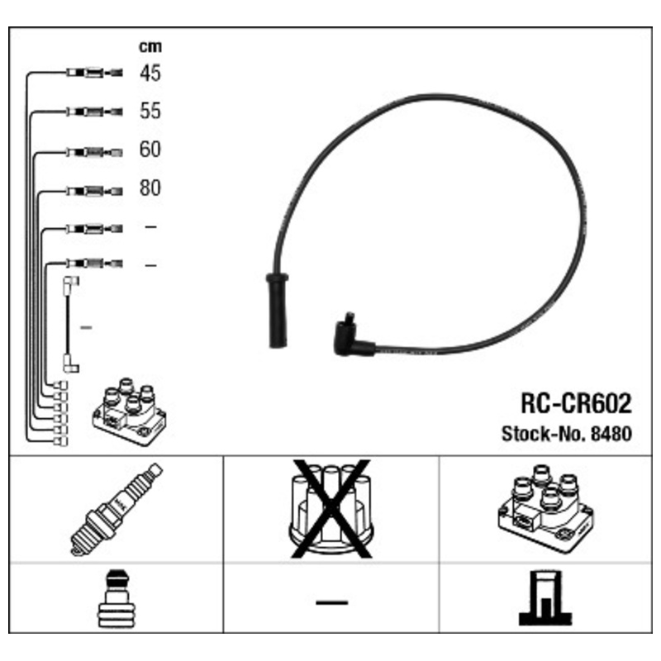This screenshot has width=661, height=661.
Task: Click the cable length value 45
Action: coord(150,73)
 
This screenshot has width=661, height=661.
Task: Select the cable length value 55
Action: coord(150,111)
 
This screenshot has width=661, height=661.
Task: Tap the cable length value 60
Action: coord(150,150)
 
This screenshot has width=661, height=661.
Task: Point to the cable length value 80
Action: coord(150,188)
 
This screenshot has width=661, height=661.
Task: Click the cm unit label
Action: coord(150,46)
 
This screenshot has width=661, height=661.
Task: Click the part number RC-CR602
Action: coord(576,403)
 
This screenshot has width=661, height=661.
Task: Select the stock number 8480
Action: coord(611,434)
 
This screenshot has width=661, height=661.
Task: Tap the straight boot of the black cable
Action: coord(277,311)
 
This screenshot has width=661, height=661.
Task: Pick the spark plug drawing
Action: coord(117,509)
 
